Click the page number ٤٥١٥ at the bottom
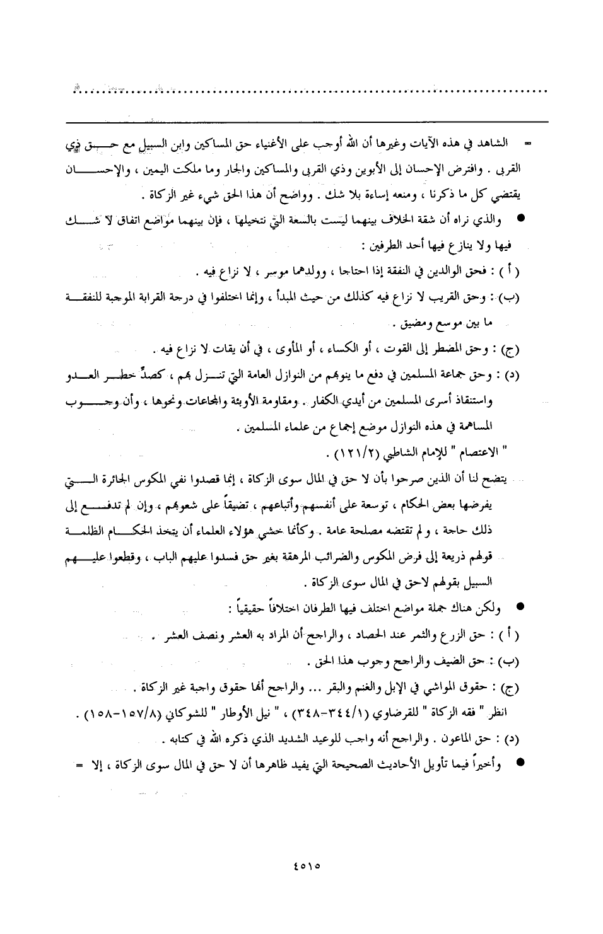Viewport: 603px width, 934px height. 307,865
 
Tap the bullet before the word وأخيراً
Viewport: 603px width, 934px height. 520,761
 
